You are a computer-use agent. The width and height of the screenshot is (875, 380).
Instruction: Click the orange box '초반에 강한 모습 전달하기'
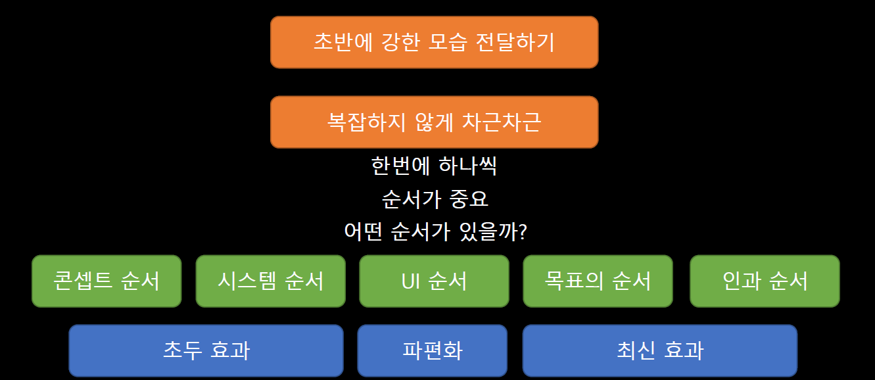(x=434, y=42)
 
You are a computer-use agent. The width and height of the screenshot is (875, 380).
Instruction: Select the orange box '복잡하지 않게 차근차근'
(x=434, y=122)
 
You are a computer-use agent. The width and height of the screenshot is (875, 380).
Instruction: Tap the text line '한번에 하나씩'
(x=434, y=166)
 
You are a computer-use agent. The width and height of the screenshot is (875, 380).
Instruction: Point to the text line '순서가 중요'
(x=435, y=199)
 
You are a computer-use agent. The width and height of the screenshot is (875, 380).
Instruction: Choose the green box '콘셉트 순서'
(x=106, y=281)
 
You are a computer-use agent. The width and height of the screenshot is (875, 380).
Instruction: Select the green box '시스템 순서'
(x=270, y=281)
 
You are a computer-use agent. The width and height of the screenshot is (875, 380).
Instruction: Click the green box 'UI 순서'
(x=434, y=281)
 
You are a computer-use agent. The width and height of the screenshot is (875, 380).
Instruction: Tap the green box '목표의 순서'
(x=598, y=281)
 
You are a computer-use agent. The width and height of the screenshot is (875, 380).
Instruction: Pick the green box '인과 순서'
(x=765, y=281)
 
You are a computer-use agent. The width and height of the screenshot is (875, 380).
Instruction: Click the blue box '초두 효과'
(x=206, y=350)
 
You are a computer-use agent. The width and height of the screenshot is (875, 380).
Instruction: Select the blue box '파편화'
(x=432, y=350)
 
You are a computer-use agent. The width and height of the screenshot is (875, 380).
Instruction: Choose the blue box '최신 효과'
(x=659, y=350)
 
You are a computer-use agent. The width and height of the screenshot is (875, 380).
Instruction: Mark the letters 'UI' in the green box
(x=411, y=281)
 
